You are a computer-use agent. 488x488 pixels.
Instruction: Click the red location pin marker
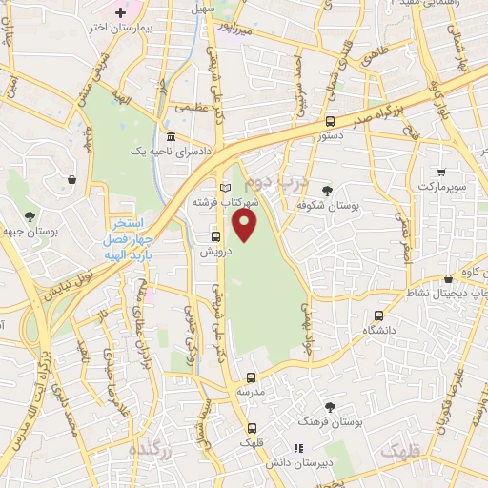tap(245, 225)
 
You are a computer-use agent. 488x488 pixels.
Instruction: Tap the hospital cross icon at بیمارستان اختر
tap(120, 12)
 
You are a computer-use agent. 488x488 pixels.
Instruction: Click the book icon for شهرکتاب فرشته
tap(225, 188)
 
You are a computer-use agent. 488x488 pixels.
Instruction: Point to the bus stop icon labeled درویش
tap(215, 236)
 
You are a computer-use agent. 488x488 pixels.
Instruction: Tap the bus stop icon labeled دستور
tap(330, 121)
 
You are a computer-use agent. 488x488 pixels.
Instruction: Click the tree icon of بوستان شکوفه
tap(327, 191)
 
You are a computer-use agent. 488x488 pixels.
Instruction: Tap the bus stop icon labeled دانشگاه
tap(378, 315)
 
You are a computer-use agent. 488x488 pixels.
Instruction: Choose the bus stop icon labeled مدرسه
tap(252, 377)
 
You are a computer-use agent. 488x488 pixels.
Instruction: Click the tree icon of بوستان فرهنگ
tap(330, 406)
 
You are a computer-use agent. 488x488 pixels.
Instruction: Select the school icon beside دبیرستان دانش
tap(296, 447)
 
